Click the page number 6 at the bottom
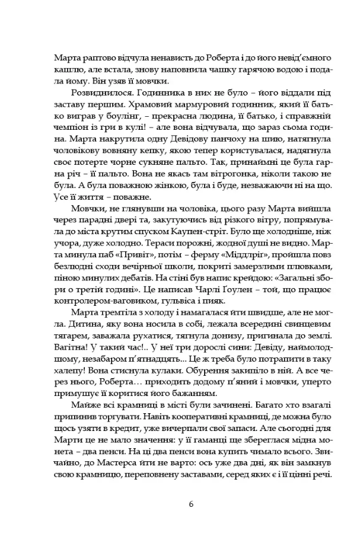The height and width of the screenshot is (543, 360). pyautogui.click(x=190, y=504)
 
